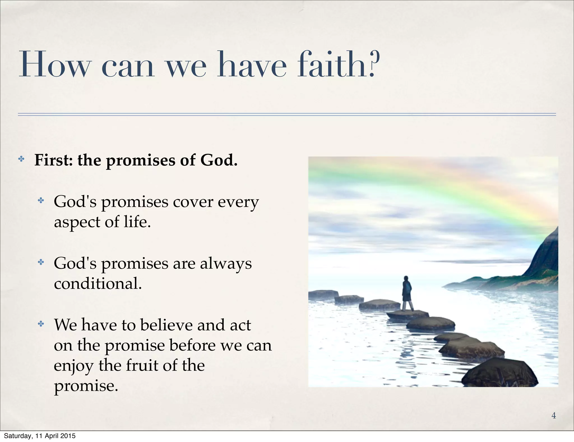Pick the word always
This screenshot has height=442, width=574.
[226, 264]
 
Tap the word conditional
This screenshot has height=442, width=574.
[98, 284]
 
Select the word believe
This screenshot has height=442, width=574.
[166, 325]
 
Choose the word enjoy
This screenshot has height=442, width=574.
[73, 366]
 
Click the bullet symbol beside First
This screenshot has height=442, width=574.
[21, 159]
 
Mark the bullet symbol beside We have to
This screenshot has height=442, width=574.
[41, 324]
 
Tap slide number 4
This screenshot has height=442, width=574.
[553, 415]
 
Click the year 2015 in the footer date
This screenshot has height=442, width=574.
[69, 436]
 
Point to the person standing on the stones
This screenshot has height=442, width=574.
[407, 293]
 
